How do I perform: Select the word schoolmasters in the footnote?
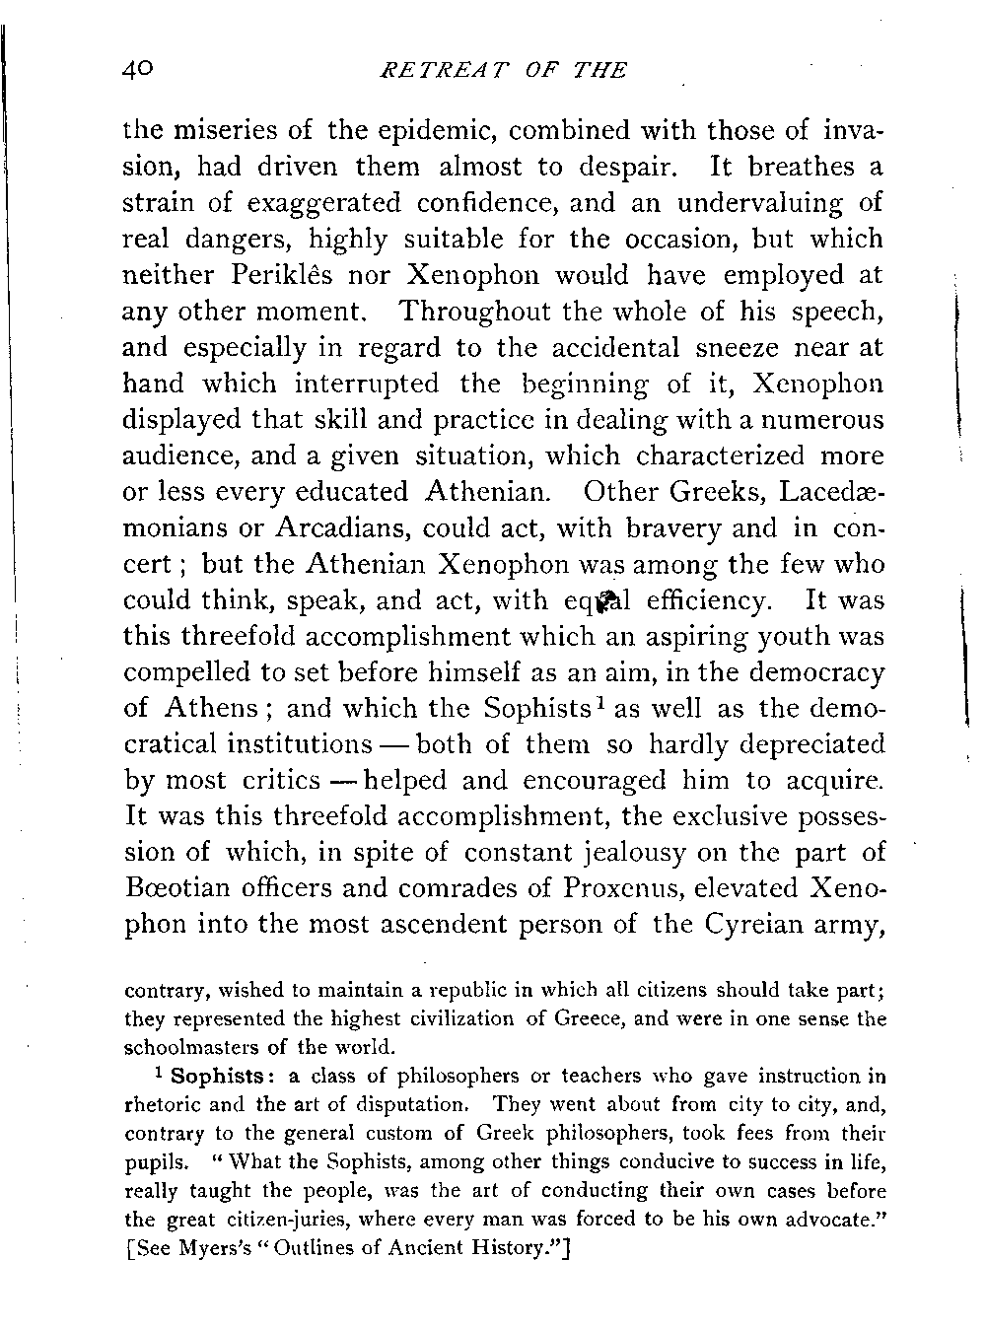[184, 1046]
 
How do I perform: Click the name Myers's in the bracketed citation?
[205, 1245]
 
